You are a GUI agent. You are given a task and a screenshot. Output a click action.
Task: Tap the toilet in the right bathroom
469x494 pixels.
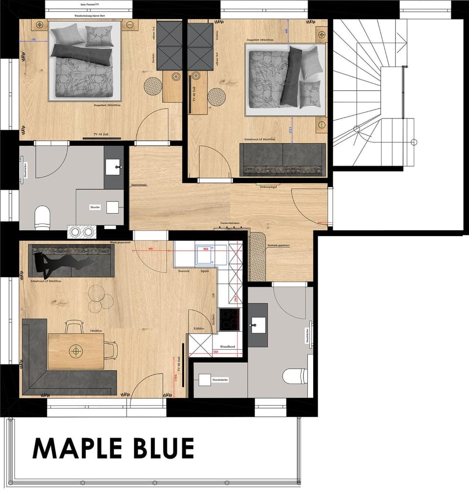coord(295,376)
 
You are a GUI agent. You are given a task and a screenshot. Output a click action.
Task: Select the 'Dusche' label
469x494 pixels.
coord(95,207)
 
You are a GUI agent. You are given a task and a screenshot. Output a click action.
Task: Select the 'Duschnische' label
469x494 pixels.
coord(220,379)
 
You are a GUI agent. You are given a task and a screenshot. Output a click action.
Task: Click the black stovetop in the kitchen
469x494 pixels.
coord(229,319)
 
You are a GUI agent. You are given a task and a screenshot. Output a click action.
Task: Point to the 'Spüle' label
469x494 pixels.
coord(205,271)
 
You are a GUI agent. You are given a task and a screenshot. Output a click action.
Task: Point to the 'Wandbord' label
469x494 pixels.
coord(228,346)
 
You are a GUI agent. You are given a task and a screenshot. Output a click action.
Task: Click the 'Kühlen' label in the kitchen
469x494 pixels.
coord(199,329)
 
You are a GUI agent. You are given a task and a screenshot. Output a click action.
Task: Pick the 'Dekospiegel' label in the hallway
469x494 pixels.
coord(269,186)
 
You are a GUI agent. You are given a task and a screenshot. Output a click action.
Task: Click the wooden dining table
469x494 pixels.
coord(76,351)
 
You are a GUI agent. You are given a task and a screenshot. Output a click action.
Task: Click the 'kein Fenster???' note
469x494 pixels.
coord(88,4)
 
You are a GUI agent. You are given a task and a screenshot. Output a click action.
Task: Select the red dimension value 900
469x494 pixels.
coord(150,248)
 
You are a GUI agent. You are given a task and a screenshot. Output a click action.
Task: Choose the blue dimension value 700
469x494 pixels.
coord(33,40)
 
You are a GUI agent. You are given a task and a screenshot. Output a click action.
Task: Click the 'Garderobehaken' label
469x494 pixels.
coord(231,223)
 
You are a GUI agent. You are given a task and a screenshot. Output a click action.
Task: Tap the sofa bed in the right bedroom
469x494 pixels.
coord(282,159)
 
